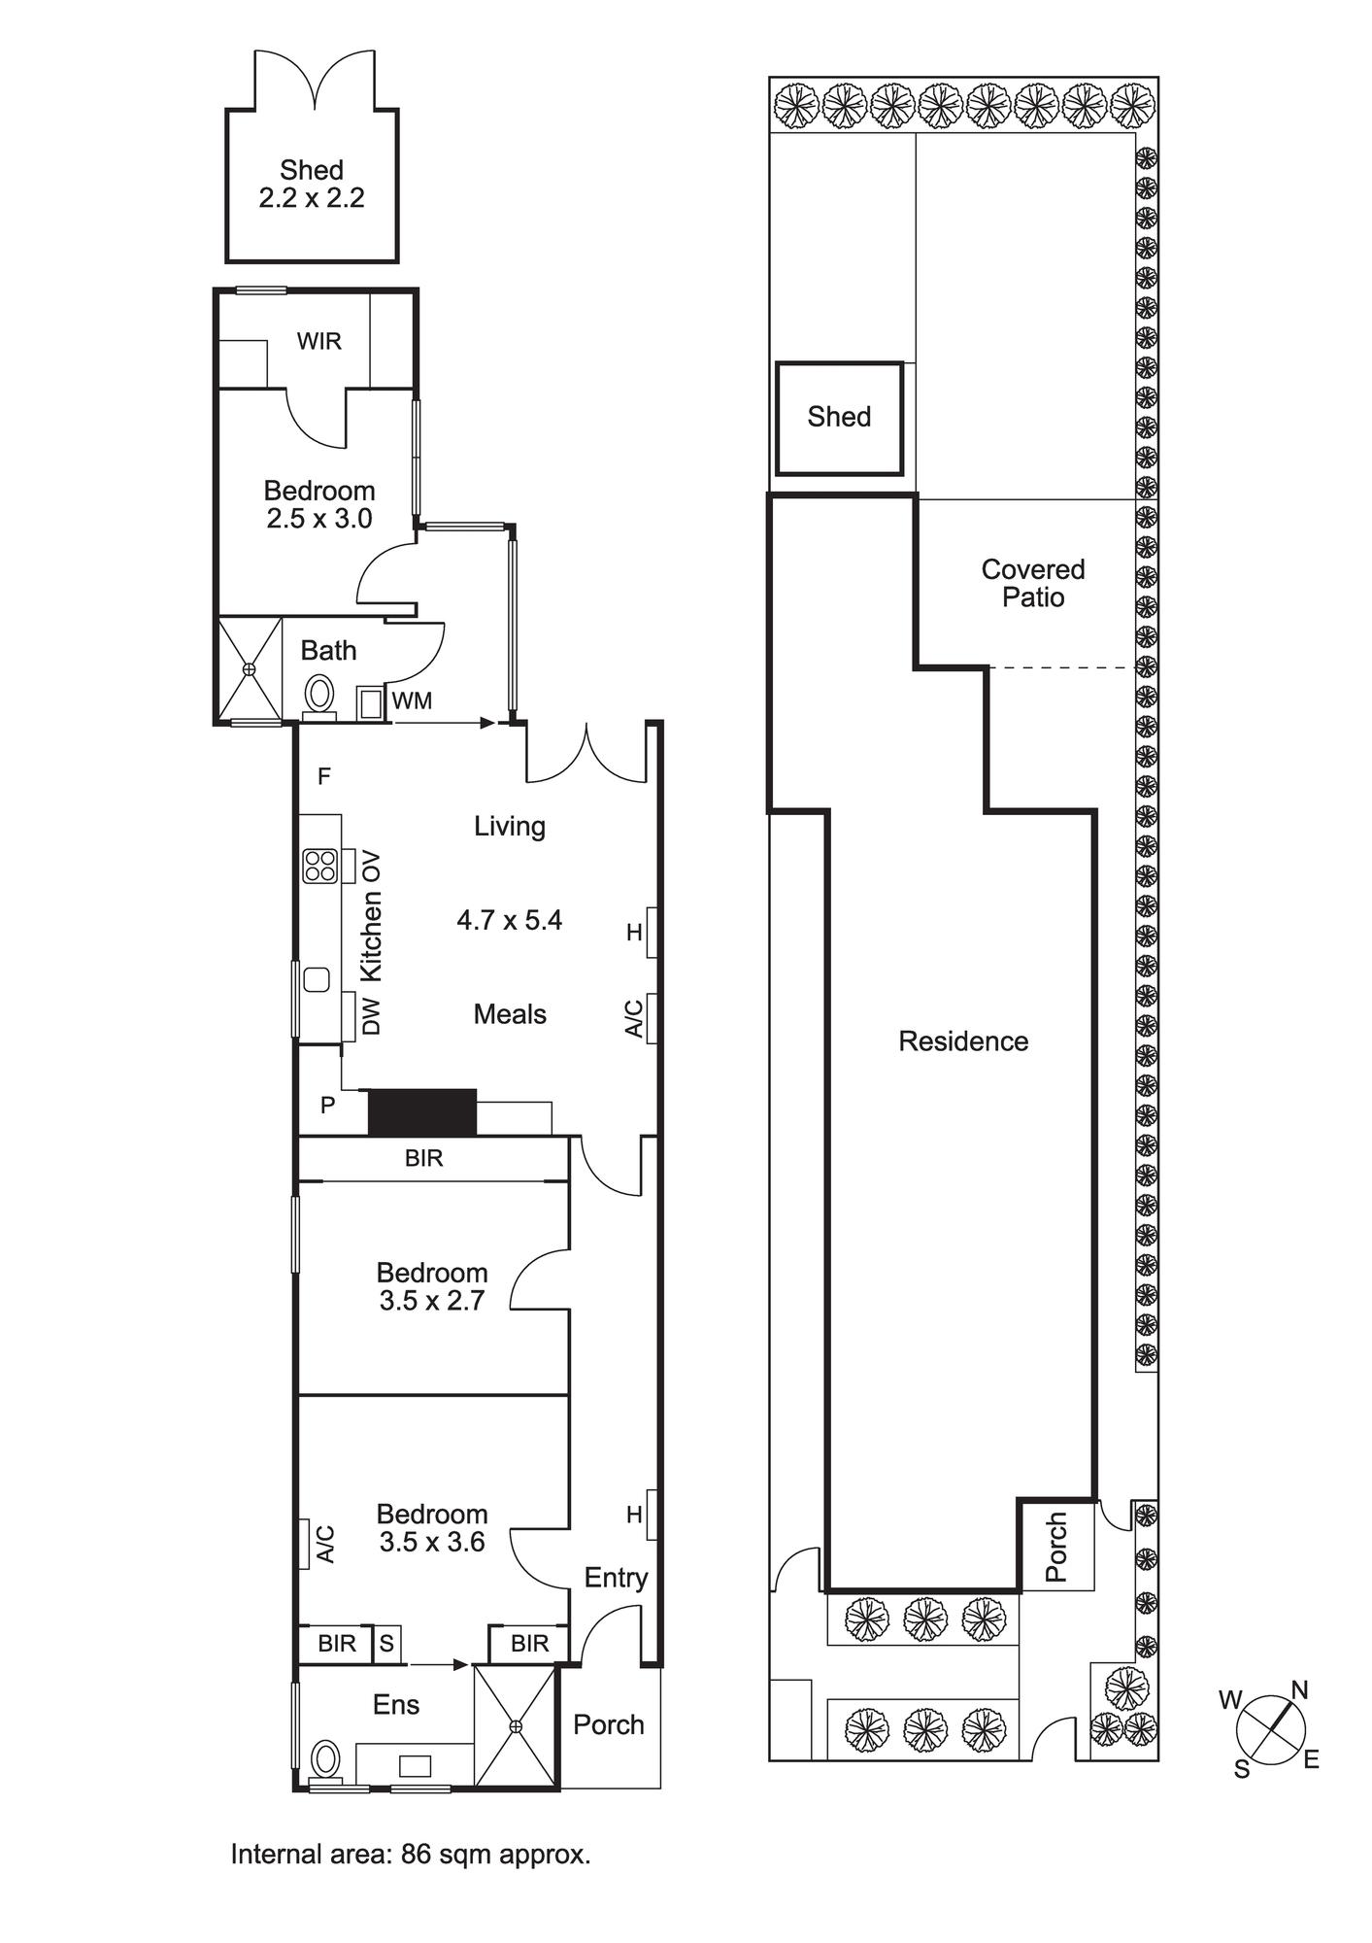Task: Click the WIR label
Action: coord(318,341)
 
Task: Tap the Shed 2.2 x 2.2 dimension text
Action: coord(312,198)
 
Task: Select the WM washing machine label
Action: coord(412,700)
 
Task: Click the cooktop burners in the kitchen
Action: coord(319,865)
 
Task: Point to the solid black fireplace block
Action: coord(422,1111)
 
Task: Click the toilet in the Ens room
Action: coord(325,1759)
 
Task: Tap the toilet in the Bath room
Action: coord(319,695)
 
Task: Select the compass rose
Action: coord(1270,1730)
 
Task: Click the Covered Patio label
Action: coord(1033,583)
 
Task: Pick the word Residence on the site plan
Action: coord(963,1041)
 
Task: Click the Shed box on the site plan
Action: coord(840,418)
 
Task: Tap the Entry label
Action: coord(616,1577)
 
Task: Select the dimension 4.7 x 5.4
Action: coord(510,920)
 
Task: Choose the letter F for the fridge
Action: coord(324,776)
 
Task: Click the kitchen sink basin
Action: coord(317,979)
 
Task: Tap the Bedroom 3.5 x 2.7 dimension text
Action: coord(432,1300)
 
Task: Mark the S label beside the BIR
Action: coord(386,1643)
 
